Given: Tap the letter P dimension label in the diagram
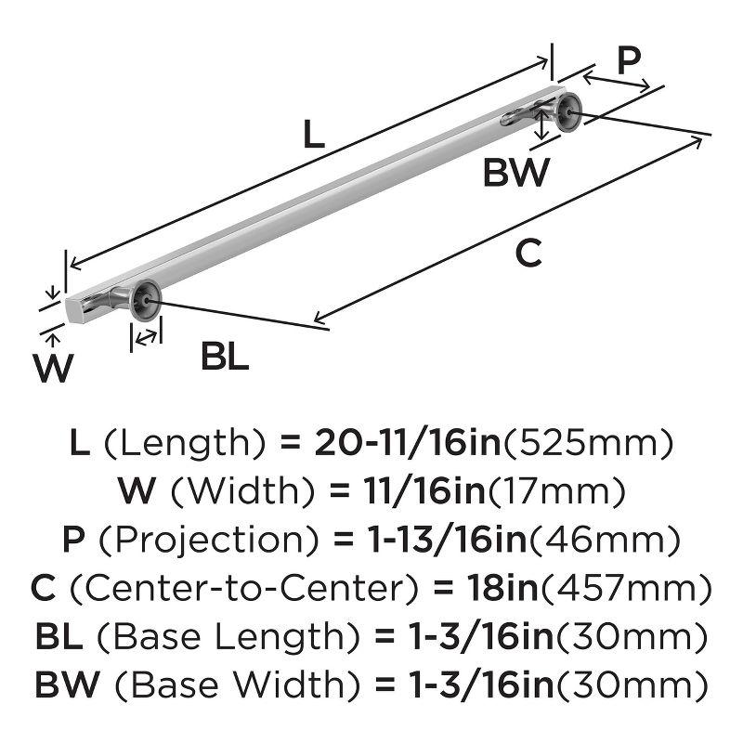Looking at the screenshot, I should (629, 61).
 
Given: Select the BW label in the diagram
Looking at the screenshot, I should (516, 174).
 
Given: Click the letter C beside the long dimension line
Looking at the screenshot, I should (528, 253).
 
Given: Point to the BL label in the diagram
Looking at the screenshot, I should (225, 357).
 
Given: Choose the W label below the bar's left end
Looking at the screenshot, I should (53, 369).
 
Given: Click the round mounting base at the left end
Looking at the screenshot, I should (147, 300).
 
